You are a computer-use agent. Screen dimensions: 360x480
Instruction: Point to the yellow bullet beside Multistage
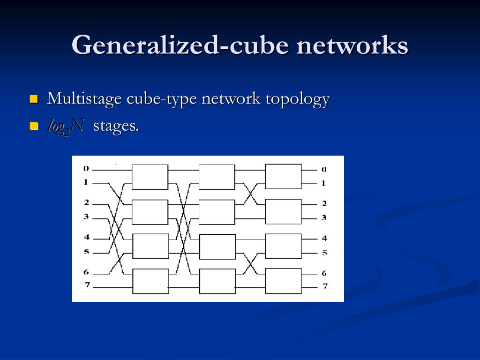click(33, 99)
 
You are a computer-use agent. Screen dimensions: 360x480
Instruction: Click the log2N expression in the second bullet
click(66, 126)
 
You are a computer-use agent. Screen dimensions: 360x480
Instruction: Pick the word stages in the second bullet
click(116, 126)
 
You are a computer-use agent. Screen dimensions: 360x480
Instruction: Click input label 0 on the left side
click(86, 168)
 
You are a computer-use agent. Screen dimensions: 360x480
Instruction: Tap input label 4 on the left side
click(86, 237)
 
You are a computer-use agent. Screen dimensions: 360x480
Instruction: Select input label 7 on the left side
click(87, 285)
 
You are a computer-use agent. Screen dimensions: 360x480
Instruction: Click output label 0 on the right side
click(323, 169)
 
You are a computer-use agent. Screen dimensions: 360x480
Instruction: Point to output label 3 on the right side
click(323, 217)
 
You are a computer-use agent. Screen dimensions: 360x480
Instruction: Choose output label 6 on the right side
click(324, 273)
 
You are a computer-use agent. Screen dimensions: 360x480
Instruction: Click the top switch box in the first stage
click(150, 177)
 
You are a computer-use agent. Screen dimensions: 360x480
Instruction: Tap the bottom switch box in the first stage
click(150, 281)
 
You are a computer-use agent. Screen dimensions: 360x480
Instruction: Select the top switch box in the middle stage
click(217, 177)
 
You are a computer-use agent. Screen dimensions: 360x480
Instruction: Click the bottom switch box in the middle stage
click(217, 281)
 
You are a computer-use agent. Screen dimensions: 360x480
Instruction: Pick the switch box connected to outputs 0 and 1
click(284, 176)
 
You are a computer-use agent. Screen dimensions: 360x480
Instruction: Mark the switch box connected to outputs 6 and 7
click(284, 280)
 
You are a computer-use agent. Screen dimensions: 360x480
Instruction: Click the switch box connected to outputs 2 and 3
click(284, 211)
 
